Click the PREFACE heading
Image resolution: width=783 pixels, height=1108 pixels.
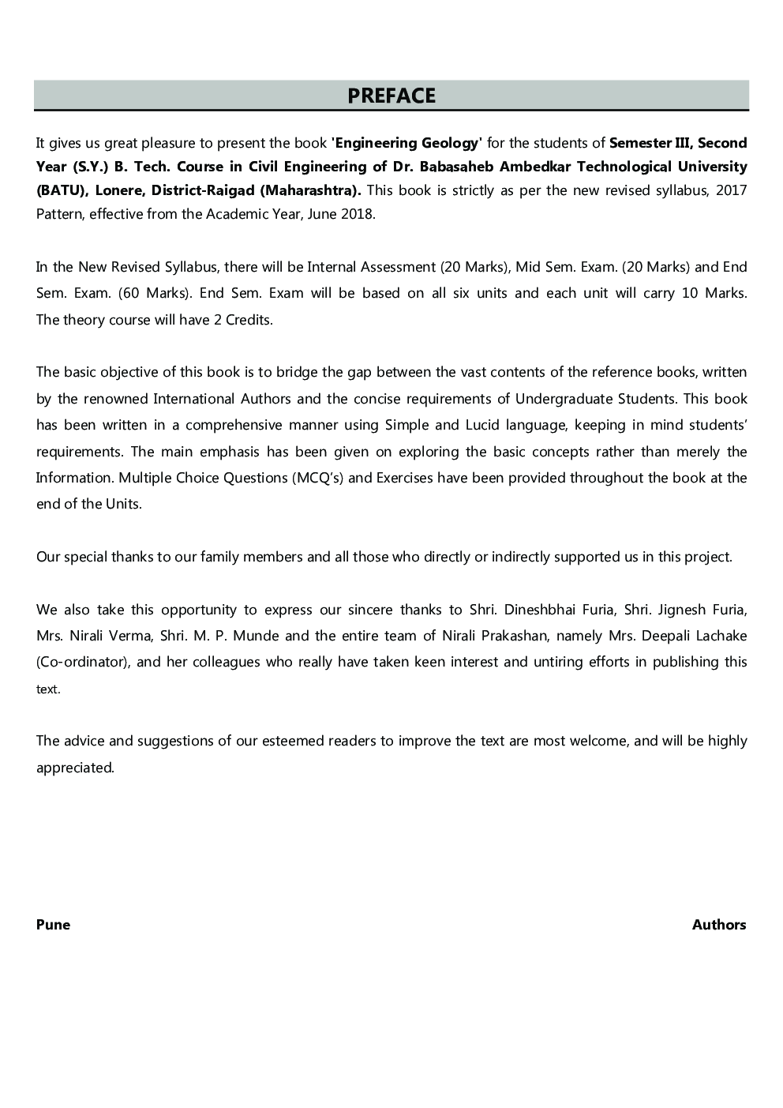pos(391,96)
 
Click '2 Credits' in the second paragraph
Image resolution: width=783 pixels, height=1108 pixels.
pos(243,320)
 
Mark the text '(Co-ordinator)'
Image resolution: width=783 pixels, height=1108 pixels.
pos(83,662)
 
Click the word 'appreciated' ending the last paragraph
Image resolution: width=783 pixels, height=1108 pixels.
pos(74,768)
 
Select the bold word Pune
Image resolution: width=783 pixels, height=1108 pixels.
pos(53,925)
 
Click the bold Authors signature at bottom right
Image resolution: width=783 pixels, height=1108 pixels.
pos(718,925)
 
